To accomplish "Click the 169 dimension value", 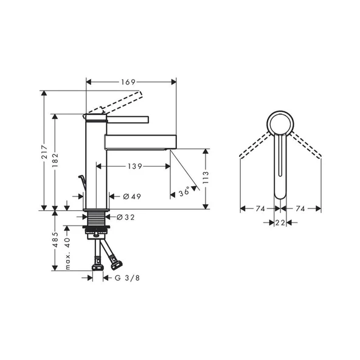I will (x=128, y=81).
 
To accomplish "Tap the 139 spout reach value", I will (x=136, y=166).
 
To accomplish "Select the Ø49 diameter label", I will (x=132, y=196).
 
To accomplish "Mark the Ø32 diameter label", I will (x=125, y=216).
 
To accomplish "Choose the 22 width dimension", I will (x=280, y=223).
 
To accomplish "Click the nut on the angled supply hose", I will (x=114, y=263).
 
